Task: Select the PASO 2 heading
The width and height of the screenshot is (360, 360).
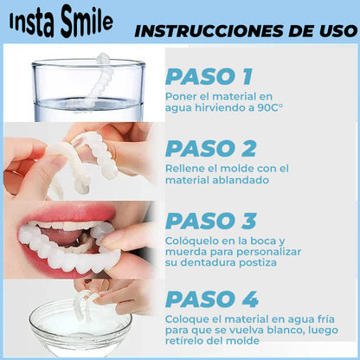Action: click(211, 148)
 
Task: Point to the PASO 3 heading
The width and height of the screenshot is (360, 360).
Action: click(211, 220)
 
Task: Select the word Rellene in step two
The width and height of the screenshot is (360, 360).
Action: click(184, 168)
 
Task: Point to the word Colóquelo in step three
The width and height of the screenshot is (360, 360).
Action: click(191, 240)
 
